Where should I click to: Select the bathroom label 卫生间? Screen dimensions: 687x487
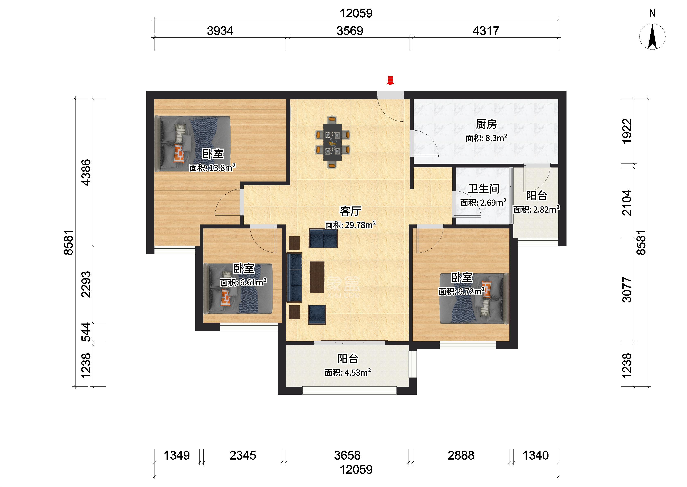click(x=483, y=189)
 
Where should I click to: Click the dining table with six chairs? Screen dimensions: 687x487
click(x=332, y=142)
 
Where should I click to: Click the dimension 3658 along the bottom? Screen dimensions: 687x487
click(x=347, y=455)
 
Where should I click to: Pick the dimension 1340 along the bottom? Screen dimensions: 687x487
click(x=536, y=455)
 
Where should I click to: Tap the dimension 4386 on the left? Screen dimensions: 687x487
click(x=86, y=172)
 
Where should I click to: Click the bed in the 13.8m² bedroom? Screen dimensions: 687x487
click(x=193, y=144)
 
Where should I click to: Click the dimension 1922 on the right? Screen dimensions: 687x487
click(x=627, y=131)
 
